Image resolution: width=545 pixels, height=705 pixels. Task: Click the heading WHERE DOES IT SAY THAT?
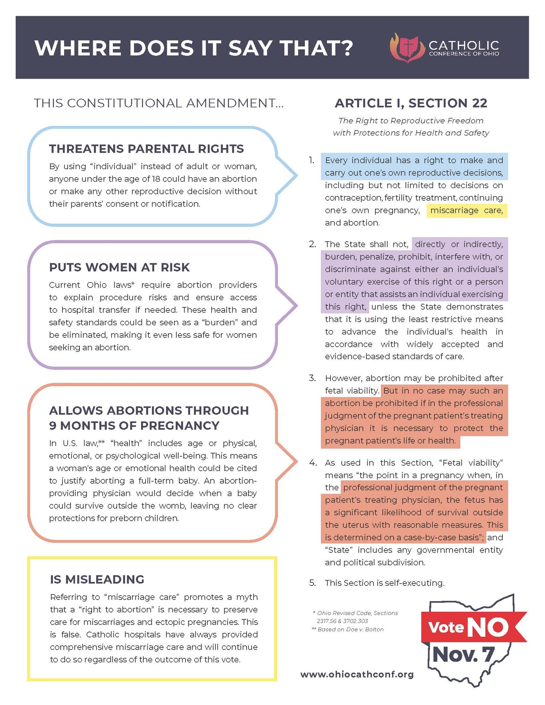coord(194,48)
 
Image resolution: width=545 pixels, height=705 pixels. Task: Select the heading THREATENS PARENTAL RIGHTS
coord(146,149)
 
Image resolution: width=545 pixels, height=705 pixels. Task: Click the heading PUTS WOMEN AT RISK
coord(119,268)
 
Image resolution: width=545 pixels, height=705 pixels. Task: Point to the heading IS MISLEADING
coord(97,579)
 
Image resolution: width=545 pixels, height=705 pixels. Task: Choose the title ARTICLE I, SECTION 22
coord(411,103)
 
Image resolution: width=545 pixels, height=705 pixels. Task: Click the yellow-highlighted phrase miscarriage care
coord(466,210)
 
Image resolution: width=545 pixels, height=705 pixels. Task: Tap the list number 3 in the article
coord(312,378)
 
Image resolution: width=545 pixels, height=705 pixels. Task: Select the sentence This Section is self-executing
coord(384,583)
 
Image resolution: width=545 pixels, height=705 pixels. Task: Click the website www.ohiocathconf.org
coord(357,674)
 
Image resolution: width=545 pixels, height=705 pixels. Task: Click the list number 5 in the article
coord(312,583)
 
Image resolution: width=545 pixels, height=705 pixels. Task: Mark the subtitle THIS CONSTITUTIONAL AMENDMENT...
coord(158,103)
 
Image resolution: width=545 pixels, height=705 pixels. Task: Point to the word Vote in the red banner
coord(446,627)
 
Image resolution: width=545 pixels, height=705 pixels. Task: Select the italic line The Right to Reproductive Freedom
coord(411,121)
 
